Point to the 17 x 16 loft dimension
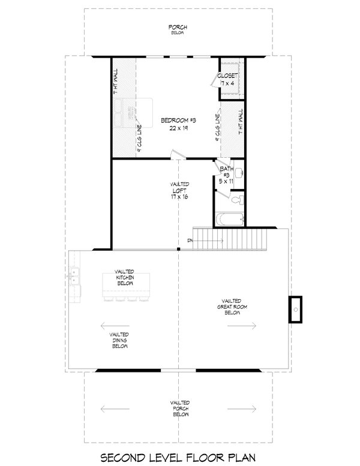point(179,197)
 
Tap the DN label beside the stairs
point(189,240)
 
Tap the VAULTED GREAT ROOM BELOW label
point(231,306)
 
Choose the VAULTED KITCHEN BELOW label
point(125,277)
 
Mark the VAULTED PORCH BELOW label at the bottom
point(179,408)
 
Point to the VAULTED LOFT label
point(179,187)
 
